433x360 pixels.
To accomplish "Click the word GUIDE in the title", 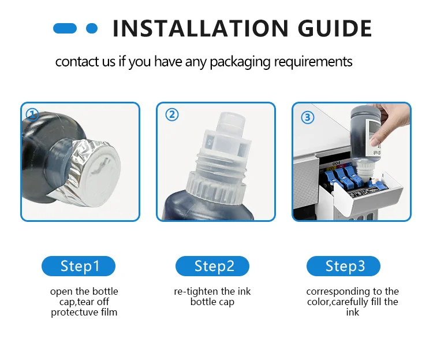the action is [x=335, y=28].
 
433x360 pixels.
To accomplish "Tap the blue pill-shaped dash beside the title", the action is [x=65, y=28].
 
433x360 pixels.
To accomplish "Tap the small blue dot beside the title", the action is [x=92, y=28].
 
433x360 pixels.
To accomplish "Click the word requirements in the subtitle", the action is [x=313, y=62].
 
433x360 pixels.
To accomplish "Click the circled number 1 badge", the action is [x=32, y=114].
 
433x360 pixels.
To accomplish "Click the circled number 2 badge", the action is [x=172, y=114].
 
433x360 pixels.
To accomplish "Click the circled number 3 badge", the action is [x=308, y=117].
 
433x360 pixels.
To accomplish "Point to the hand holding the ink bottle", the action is [x=391, y=124].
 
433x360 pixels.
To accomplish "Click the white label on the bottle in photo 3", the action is [x=374, y=138].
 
